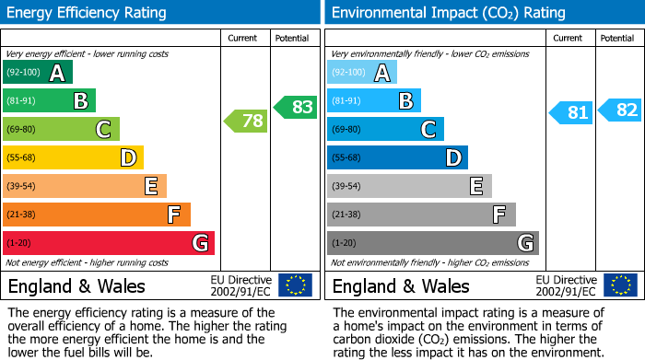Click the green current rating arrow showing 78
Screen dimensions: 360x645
click(245, 121)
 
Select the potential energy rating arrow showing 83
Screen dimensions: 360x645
click(295, 107)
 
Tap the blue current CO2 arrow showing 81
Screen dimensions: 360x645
click(570, 113)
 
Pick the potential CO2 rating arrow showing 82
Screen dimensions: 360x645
click(620, 110)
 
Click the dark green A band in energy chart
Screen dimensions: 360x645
click(37, 73)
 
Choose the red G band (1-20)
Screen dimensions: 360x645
click(109, 243)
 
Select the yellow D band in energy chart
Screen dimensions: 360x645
click(73, 158)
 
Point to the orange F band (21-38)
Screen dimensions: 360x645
click(97, 215)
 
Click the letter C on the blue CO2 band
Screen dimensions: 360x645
click(428, 130)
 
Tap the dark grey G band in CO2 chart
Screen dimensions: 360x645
click(432, 243)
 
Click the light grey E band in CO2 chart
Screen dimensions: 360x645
click(409, 186)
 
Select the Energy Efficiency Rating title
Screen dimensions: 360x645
click(88, 13)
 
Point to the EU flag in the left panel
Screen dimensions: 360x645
click(295, 285)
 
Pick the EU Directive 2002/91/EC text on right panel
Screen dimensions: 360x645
click(566, 285)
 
